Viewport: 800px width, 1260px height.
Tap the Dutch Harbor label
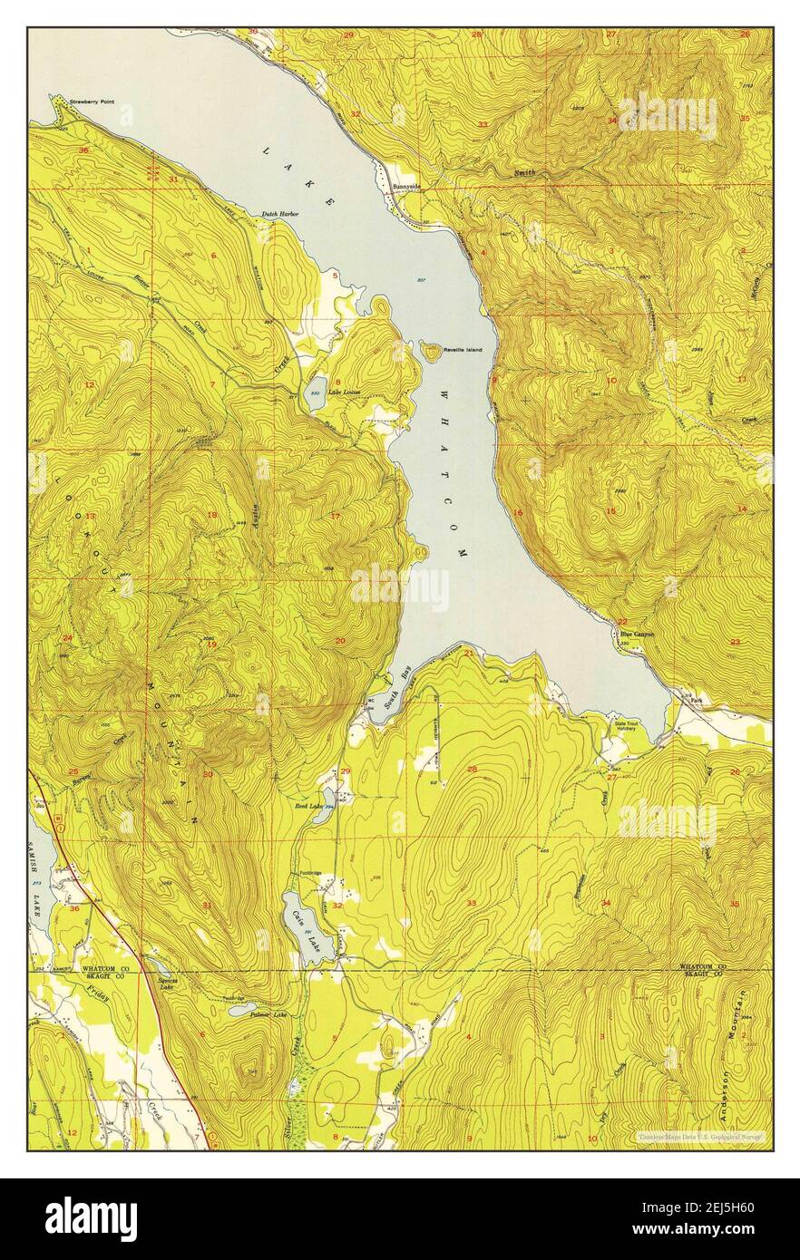coord(280,214)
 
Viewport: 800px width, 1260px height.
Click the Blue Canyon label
coord(637,635)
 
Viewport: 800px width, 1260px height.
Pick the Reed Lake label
coord(308,805)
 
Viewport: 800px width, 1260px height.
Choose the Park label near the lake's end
coord(697,701)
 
